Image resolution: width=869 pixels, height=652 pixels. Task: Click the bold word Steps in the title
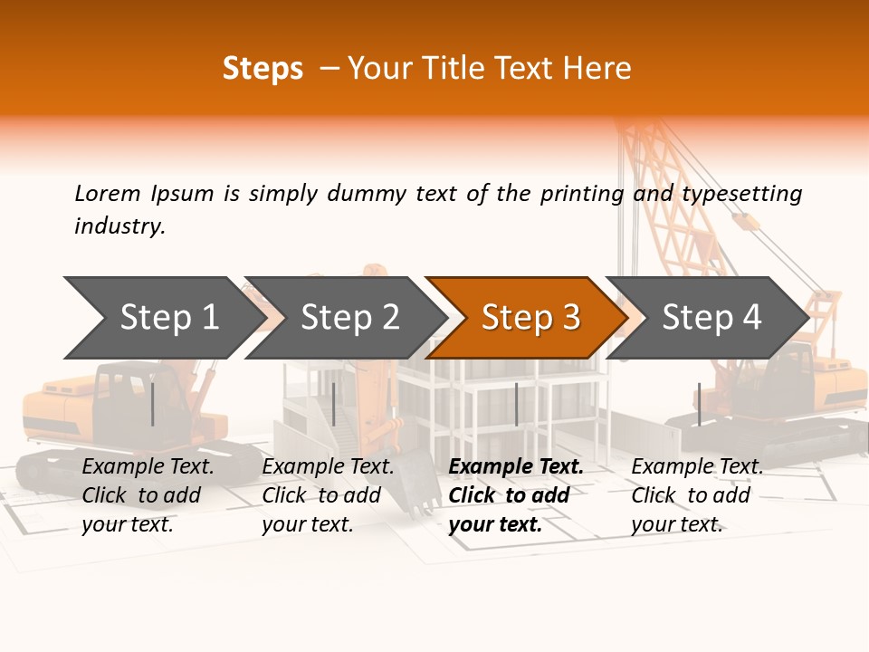(263, 69)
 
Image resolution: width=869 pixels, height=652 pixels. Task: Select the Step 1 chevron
(163, 317)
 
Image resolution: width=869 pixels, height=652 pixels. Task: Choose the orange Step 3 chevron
(530, 317)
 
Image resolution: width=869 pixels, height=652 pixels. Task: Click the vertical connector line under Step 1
(153, 404)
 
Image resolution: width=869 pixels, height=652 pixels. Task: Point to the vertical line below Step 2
(334, 404)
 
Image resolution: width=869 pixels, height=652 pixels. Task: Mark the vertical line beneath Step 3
(517, 404)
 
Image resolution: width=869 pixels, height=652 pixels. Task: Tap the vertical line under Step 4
(699, 404)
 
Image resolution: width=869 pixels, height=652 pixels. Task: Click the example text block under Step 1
(148, 495)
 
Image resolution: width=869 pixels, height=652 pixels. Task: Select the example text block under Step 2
(328, 495)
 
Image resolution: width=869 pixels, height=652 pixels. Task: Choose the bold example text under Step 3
(516, 495)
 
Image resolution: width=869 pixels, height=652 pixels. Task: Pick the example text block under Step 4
(697, 495)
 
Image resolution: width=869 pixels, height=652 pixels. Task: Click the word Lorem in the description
(108, 194)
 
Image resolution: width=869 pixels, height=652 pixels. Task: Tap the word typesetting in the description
(741, 194)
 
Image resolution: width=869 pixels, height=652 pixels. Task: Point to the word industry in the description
(119, 226)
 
